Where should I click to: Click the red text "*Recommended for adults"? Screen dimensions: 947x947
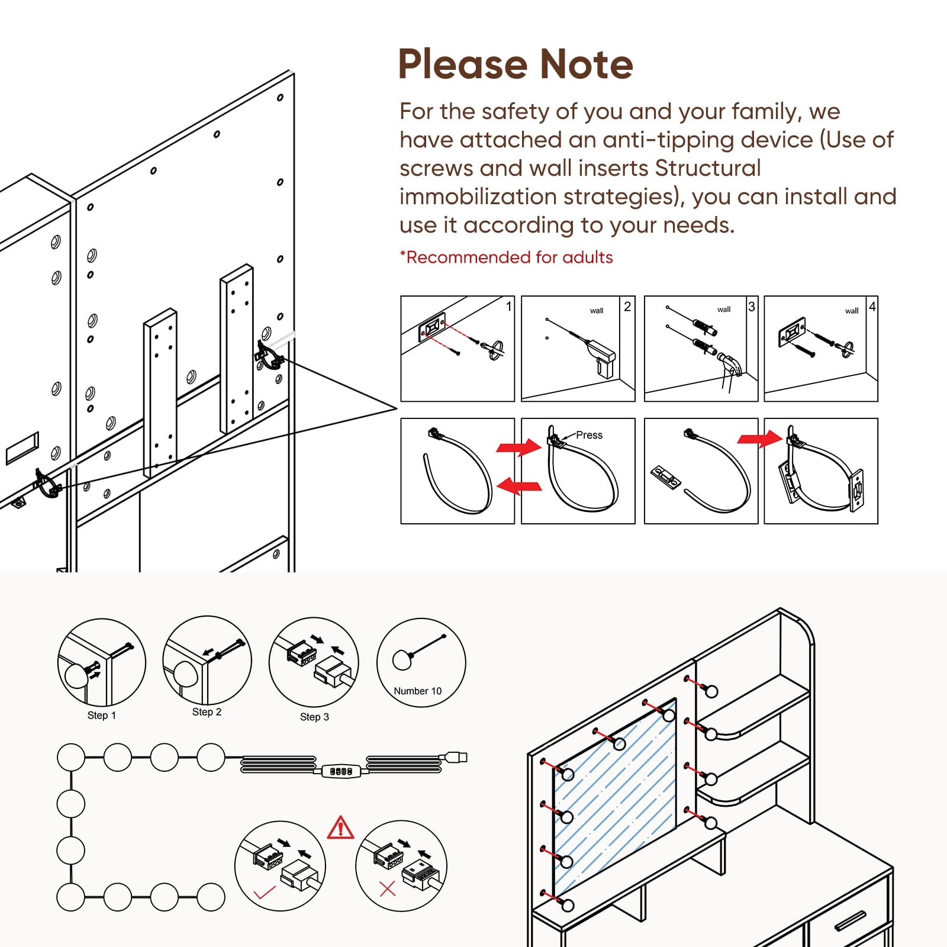coord(507,257)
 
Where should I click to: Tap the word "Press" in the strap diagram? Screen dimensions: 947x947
coord(589,435)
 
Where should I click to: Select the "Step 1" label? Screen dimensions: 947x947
coord(102,715)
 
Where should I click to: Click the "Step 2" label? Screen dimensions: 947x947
coord(207,711)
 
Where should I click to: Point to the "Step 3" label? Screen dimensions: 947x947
coord(314,717)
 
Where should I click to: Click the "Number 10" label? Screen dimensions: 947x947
coord(417,691)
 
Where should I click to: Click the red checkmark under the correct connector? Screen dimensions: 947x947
coord(263,892)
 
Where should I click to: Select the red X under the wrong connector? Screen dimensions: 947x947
coord(387,888)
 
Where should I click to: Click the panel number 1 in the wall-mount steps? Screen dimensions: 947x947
coord(508,306)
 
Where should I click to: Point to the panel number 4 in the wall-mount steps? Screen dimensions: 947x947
coord(872,306)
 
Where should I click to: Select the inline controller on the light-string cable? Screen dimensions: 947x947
coord(341,771)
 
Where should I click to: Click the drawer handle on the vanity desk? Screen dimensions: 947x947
coord(851,920)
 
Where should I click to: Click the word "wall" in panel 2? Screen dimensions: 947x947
coord(596,311)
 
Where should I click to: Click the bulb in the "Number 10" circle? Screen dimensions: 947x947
coord(402,659)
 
